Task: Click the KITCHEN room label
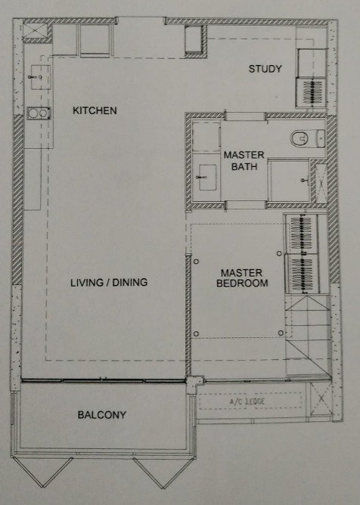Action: tap(95, 110)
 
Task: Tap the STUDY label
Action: tap(265, 69)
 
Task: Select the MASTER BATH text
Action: tap(244, 161)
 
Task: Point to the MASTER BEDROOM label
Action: tap(242, 278)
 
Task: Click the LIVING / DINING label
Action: tap(109, 283)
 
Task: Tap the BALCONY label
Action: tap(102, 414)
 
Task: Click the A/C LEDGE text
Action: tap(247, 401)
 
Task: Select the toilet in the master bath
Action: tap(308, 138)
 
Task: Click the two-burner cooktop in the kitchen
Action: tap(39, 113)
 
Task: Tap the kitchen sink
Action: tap(41, 77)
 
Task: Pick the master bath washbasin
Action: tap(207, 177)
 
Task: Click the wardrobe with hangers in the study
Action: tap(312, 92)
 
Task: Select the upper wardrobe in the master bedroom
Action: tap(302, 234)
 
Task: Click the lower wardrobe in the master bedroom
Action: tap(302, 274)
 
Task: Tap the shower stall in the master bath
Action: tap(289, 181)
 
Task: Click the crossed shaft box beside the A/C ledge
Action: tap(321, 398)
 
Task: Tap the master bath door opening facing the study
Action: tap(246, 116)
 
